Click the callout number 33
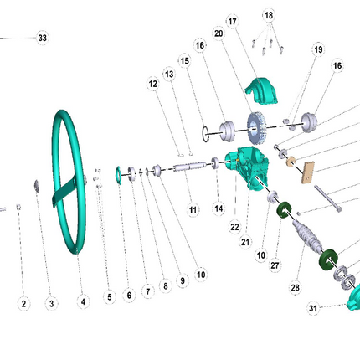coord(43,38)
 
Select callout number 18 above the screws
coord(269,15)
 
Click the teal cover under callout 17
coord(261,91)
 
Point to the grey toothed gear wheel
coord(256,128)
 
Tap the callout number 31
coord(313,308)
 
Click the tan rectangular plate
coord(308,172)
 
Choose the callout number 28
coord(295,287)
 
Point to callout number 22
coord(234,227)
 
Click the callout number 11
coord(193,210)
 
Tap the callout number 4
coord(83,301)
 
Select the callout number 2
coord(23,304)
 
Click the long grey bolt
coord(328,198)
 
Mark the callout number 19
coord(318,49)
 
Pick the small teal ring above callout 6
coord(118,175)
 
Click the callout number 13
coord(169,75)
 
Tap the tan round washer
coord(291,162)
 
